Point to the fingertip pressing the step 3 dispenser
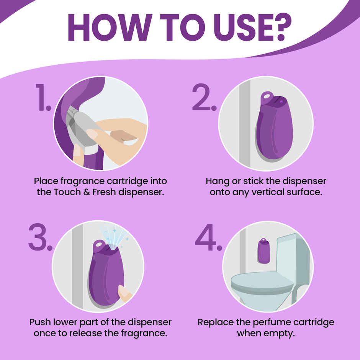pos(124,293)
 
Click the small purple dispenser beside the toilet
pos(263,251)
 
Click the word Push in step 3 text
pos(40,322)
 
